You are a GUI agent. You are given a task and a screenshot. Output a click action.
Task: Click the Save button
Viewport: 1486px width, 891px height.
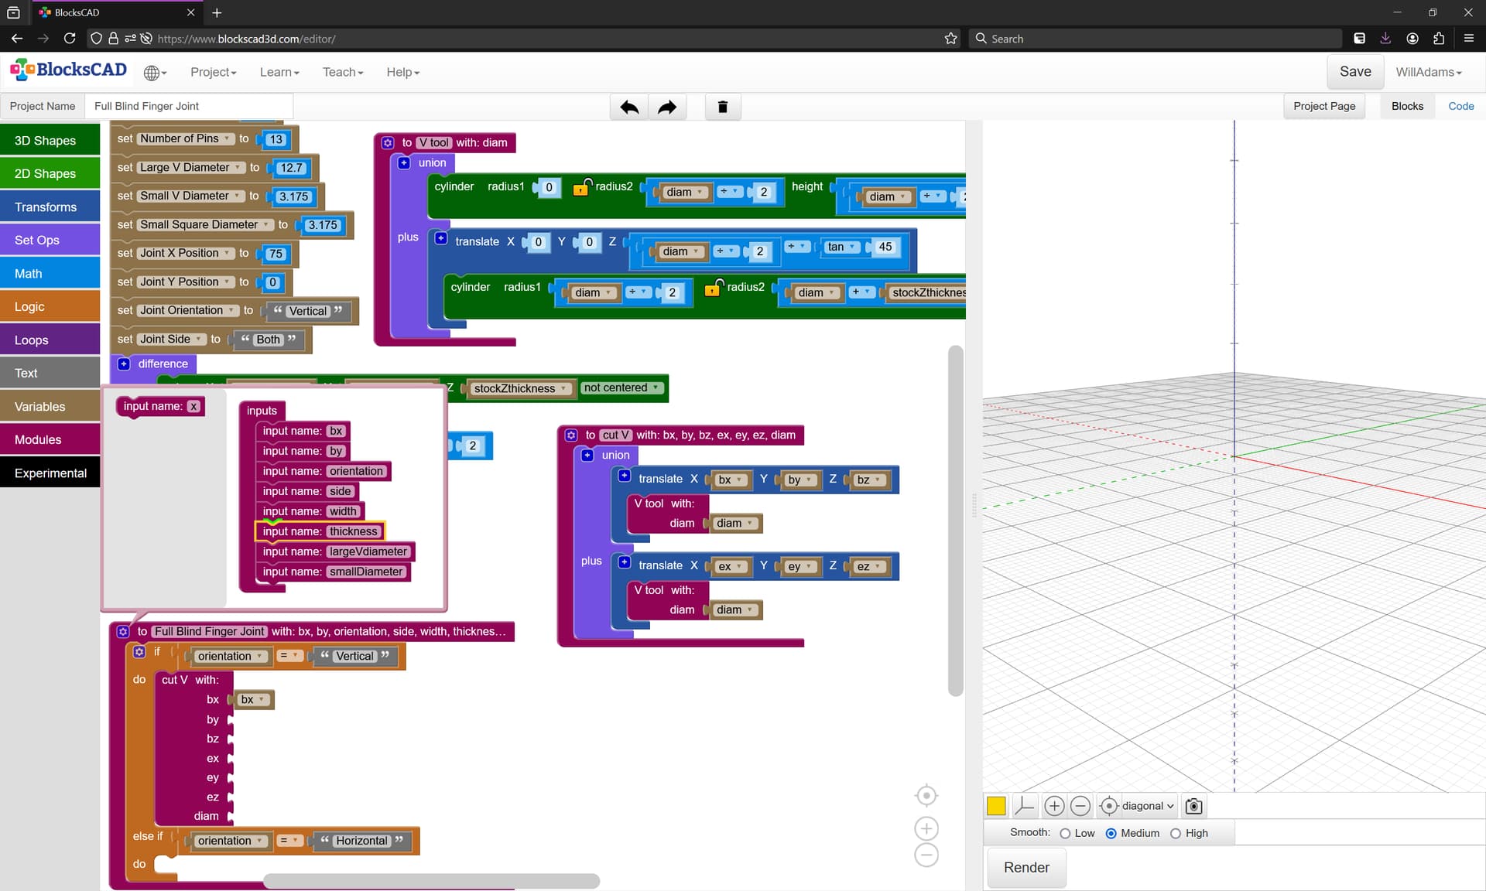[x=1355, y=72]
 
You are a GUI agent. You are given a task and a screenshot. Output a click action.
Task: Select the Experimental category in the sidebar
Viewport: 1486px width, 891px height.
[x=50, y=473]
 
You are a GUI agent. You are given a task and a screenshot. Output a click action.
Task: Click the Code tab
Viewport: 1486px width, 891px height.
[x=1460, y=106]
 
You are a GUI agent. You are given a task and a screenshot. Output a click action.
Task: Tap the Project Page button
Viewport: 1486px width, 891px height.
[x=1324, y=106]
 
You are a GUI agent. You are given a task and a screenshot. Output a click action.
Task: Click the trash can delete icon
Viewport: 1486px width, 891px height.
[x=723, y=107]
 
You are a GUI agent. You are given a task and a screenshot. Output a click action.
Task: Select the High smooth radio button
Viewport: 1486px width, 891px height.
[x=1176, y=833]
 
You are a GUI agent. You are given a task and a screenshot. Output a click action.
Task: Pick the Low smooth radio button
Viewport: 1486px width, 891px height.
[x=1065, y=833]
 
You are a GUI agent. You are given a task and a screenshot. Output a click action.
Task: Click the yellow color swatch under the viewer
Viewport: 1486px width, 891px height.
[x=996, y=806]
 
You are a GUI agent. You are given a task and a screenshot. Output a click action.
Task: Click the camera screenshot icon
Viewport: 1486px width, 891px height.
[x=1193, y=806]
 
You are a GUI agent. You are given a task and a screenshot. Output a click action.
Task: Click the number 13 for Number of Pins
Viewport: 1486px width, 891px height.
[x=276, y=139]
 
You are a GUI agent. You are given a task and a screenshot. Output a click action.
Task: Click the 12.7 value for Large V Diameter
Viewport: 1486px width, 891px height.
[x=291, y=168]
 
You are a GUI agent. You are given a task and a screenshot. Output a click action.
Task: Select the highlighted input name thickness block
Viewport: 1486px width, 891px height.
[x=320, y=531]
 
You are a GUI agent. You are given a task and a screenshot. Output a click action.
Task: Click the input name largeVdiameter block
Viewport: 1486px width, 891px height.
[x=336, y=551]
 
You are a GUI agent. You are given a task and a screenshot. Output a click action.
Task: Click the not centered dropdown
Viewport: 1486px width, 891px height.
[x=621, y=387]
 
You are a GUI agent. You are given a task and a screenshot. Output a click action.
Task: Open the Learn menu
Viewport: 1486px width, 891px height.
[x=279, y=72]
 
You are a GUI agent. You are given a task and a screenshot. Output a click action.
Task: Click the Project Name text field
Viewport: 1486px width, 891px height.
[x=190, y=106]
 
